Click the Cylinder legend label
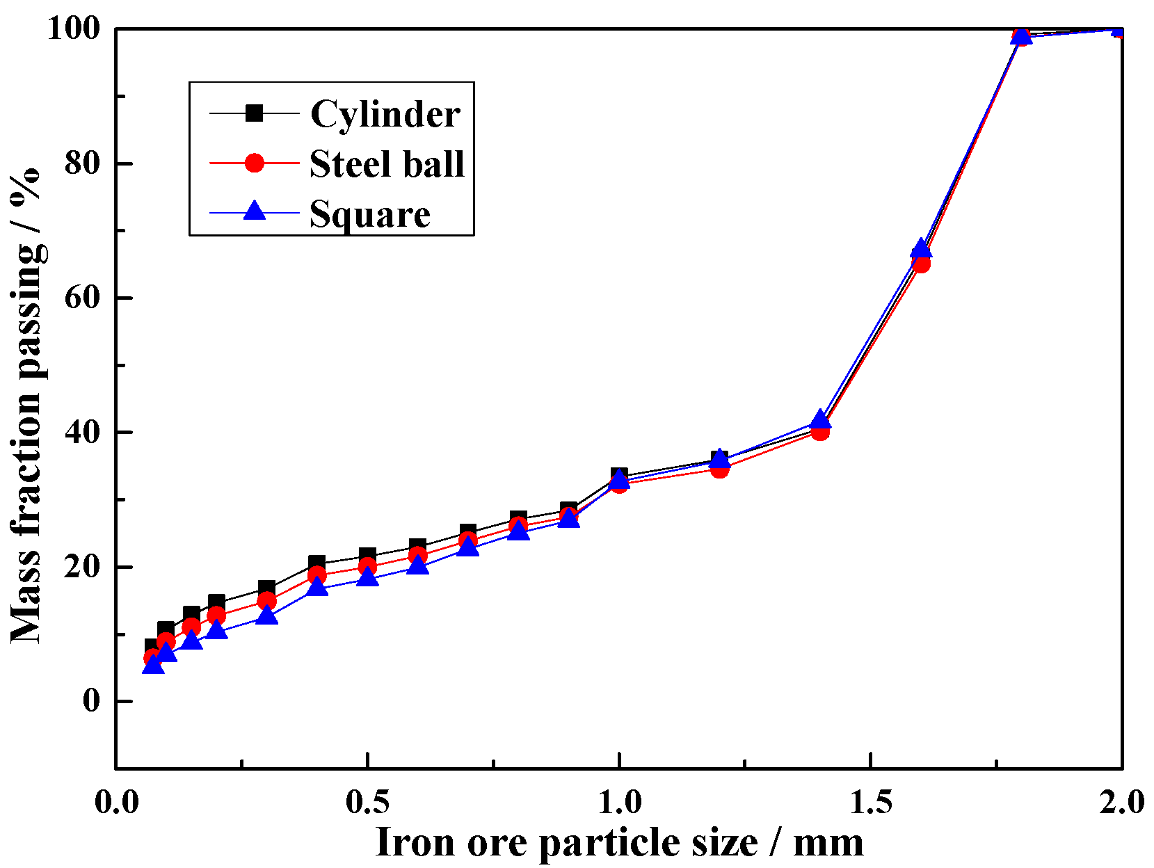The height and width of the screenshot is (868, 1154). pos(385,114)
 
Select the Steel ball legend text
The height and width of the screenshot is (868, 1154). pos(387,165)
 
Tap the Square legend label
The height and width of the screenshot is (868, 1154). pos(369,214)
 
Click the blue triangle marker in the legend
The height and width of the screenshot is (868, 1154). pos(255,211)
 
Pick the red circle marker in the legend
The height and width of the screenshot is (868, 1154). pos(255,163)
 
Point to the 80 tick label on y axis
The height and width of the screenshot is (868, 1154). pos(83,163)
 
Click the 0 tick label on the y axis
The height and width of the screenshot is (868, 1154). pos(92,700)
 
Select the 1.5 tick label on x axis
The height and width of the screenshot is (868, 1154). pos(870,802)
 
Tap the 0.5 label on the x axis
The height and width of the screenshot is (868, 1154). pos(367,802)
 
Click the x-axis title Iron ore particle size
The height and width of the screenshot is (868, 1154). pos(619,842)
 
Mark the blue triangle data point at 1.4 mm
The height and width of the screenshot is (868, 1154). pos(821,419)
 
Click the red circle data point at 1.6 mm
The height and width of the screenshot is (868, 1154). pos(921,264)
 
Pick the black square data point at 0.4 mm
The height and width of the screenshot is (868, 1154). pos(317,563)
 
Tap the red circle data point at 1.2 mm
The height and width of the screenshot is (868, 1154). pos(720,469)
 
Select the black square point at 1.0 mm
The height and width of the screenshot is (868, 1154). pos(619,476)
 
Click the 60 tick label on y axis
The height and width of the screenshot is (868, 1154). pos(83,297)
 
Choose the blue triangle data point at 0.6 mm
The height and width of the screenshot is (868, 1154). pos(418,565)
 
